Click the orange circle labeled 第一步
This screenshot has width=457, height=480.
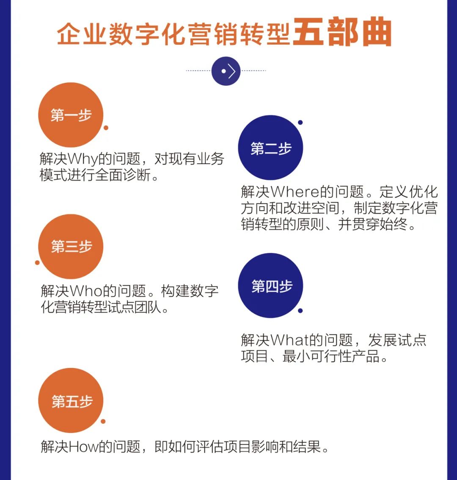[71, 115]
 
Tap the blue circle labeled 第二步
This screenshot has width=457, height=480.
[270, 148]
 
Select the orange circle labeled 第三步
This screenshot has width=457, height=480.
[71, 247]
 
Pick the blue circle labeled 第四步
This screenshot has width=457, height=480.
[270, 285]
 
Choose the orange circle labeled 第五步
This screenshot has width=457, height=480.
[71, 400]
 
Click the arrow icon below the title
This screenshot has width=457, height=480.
[226, 71]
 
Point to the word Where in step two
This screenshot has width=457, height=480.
[295, 192]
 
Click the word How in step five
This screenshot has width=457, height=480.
[83, 447]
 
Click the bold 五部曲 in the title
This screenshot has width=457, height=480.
[342, 32]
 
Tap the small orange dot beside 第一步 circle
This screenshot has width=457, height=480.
[106, 128]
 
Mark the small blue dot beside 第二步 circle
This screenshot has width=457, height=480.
[300, 123]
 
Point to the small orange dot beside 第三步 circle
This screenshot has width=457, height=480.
[37, 263]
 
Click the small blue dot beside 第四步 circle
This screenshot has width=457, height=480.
[300, 311]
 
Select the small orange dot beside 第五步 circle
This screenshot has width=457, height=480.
[103, 422]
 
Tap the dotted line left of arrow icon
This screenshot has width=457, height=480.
[198, 71]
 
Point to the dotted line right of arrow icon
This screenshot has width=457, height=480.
[253, 71]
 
